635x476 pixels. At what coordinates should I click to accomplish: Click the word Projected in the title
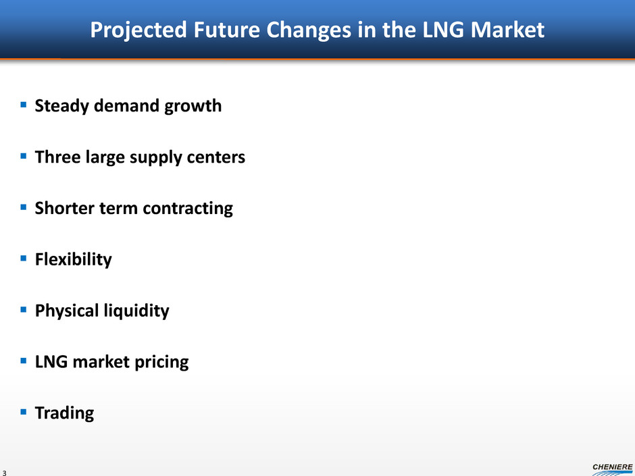(x=138, y=30)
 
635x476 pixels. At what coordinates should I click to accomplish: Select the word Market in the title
(x=507, y=30)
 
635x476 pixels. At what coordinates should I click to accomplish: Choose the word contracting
(x=188, y=209)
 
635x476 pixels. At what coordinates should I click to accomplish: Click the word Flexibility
(x=74, y=260)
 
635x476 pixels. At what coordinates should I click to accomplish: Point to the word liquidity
(x=136, y=311)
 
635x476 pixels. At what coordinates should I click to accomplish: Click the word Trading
(x=64, y=413)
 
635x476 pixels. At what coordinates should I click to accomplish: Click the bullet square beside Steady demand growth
(x=24, y=105)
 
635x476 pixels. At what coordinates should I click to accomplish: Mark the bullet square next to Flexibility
(x=24, y=258)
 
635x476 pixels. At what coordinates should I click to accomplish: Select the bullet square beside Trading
(x=24, y=412)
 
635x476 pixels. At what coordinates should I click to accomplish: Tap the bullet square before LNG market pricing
(x=24, y=361)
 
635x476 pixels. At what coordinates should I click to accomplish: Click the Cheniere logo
(x=612, y=469)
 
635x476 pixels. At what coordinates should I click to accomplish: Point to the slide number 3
(x=5, y=473)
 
